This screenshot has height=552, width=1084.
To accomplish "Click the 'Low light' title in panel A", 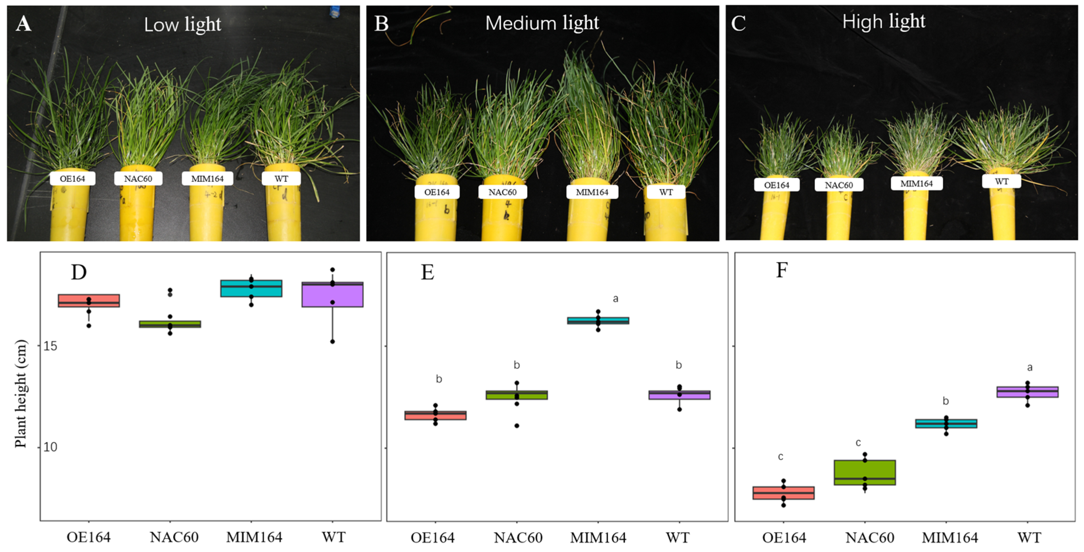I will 182,24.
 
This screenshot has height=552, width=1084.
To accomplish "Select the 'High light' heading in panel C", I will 883,21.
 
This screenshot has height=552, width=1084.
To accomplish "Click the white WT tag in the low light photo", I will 281,179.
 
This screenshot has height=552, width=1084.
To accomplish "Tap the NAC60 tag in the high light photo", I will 839,185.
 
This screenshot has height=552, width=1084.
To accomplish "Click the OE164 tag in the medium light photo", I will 437,192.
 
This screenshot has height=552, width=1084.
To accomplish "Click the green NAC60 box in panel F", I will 865,473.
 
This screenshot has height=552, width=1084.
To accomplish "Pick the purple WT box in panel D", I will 333,295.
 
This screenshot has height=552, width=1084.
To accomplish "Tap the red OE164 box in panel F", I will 784,493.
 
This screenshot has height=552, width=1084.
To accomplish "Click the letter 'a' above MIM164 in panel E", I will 616,299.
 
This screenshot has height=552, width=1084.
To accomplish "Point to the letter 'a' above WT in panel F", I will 1030,367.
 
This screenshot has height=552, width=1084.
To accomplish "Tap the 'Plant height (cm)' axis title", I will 21,393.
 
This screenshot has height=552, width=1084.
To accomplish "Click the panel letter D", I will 79,273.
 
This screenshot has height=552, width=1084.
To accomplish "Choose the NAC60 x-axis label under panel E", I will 518,538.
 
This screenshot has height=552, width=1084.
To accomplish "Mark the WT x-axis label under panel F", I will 1029,538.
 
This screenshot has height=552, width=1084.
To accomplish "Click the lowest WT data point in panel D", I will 333,342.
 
